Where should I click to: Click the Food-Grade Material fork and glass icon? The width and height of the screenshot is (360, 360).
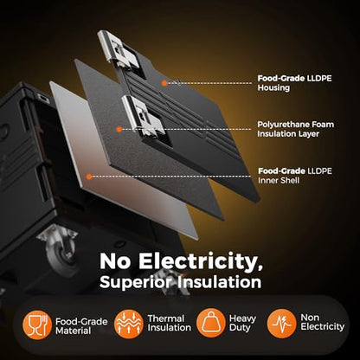coord(37,325)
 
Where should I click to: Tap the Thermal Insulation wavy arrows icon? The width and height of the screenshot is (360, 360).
coord(129,324)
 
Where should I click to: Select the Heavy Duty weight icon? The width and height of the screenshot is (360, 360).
coord(211,323)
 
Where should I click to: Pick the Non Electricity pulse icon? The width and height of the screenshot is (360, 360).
coord(281,324)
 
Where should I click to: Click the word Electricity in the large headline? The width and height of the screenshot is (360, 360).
coord(201,262)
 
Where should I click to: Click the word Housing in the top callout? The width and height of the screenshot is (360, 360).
coord(273,87)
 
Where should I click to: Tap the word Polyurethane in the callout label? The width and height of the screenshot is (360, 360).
coord(282,125)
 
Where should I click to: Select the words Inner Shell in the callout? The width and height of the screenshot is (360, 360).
coord(279,180)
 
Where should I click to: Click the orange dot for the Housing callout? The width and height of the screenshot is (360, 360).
coord(164,83)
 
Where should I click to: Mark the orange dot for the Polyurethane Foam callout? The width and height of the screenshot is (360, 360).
coord(119,130)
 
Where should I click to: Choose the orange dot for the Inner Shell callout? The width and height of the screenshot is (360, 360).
coord(89,177)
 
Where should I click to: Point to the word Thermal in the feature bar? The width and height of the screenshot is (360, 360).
coord(166,318)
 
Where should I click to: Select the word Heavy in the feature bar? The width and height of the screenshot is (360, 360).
coord(242,318)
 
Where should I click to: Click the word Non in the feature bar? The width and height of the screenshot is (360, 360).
coord(310,318)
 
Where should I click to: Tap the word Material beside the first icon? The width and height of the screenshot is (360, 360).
coord(74,331)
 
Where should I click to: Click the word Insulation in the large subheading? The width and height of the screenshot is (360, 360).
coord(219,282)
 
